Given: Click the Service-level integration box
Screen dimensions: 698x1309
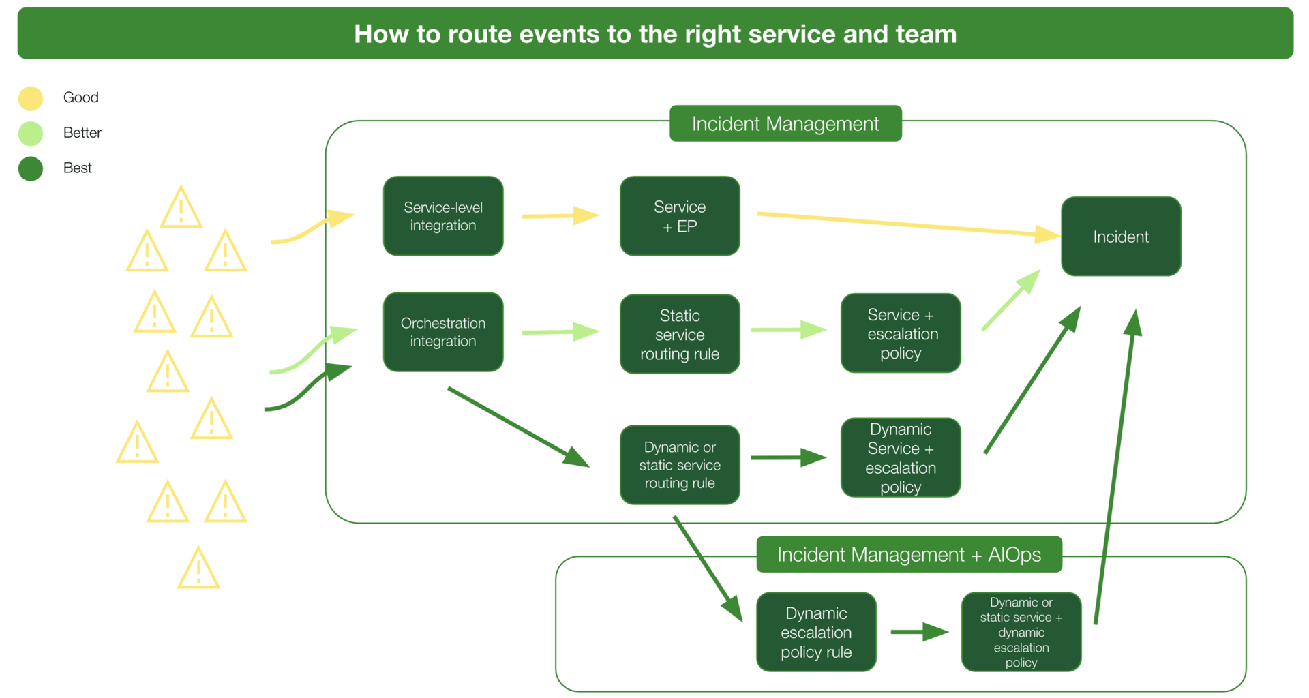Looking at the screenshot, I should pos(443,216).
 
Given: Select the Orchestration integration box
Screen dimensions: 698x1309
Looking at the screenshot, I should pos(443,332).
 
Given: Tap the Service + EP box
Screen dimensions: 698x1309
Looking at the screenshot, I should pos(680,216).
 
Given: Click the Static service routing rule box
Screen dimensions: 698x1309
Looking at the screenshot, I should pos(680,334).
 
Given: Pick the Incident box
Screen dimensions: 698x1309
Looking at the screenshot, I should pos(1121,237).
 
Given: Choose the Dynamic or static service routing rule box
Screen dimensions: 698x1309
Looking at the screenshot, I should pos(680,465).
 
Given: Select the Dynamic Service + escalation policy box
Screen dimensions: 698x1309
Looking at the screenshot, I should pos(901,457).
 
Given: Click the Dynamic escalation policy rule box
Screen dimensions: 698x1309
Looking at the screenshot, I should pos(816,632).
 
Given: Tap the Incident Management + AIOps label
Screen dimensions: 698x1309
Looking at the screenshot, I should pos(909,554).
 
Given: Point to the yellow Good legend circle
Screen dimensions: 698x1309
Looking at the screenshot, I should pos(31,98).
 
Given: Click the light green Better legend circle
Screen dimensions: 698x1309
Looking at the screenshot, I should pos(31,134).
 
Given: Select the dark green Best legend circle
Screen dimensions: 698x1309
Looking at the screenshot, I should pos(31,168).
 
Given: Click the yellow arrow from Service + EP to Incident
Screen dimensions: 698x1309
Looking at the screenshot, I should pos(907,225).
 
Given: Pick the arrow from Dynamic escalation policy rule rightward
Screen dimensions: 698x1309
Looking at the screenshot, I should pos(918,632).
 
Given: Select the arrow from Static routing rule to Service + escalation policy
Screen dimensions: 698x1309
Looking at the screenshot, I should pos(788,330).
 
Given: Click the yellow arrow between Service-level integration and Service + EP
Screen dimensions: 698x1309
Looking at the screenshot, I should pos(559,216).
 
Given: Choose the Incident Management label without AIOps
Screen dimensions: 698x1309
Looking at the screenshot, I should pos(785,123).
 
